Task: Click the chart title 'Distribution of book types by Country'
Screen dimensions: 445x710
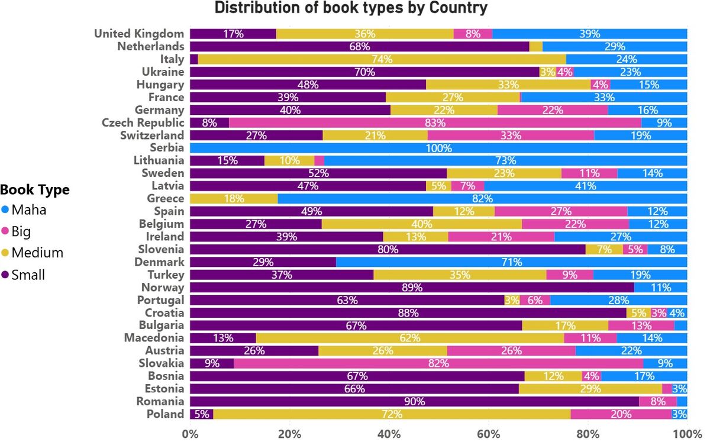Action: click(351, 8)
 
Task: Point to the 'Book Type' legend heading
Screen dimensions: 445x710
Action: click(35, 190)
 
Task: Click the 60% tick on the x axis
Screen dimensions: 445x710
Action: click(488, 433)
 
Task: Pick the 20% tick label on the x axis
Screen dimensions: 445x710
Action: click(289, 433)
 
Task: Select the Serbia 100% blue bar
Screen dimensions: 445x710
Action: click(438, 148)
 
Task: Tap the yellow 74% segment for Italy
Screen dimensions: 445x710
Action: click(382, 59)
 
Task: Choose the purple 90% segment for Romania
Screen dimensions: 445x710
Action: click(414, 402)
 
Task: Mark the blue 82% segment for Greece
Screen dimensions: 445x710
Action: click(482, 199)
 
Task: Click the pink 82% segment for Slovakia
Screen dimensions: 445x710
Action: click(438, 363)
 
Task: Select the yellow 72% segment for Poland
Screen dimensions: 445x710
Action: click(392, 414)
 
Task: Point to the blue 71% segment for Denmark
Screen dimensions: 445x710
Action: click(511, 262)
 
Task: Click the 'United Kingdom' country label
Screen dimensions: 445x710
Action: click(139, 34)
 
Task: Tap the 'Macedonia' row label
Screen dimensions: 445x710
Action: click(154, 338)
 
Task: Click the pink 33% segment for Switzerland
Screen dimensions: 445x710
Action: click(511, 136)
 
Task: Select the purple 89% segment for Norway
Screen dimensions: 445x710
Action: click(412, 288)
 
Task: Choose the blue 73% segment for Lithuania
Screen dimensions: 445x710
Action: click(505, 160)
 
